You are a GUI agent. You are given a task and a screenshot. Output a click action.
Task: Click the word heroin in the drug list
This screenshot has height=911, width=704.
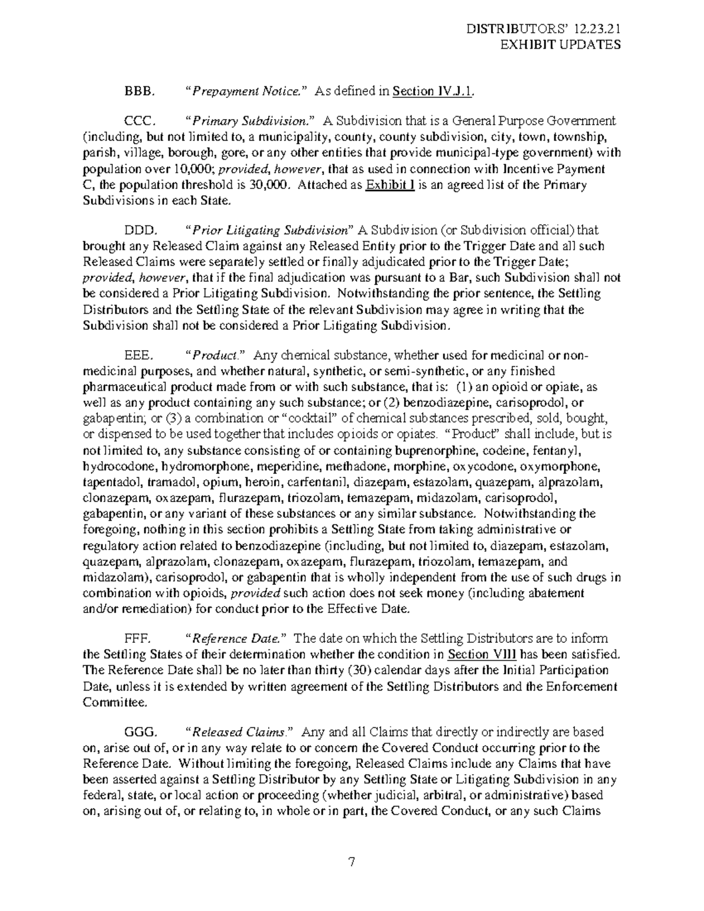[x=262, y=482]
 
